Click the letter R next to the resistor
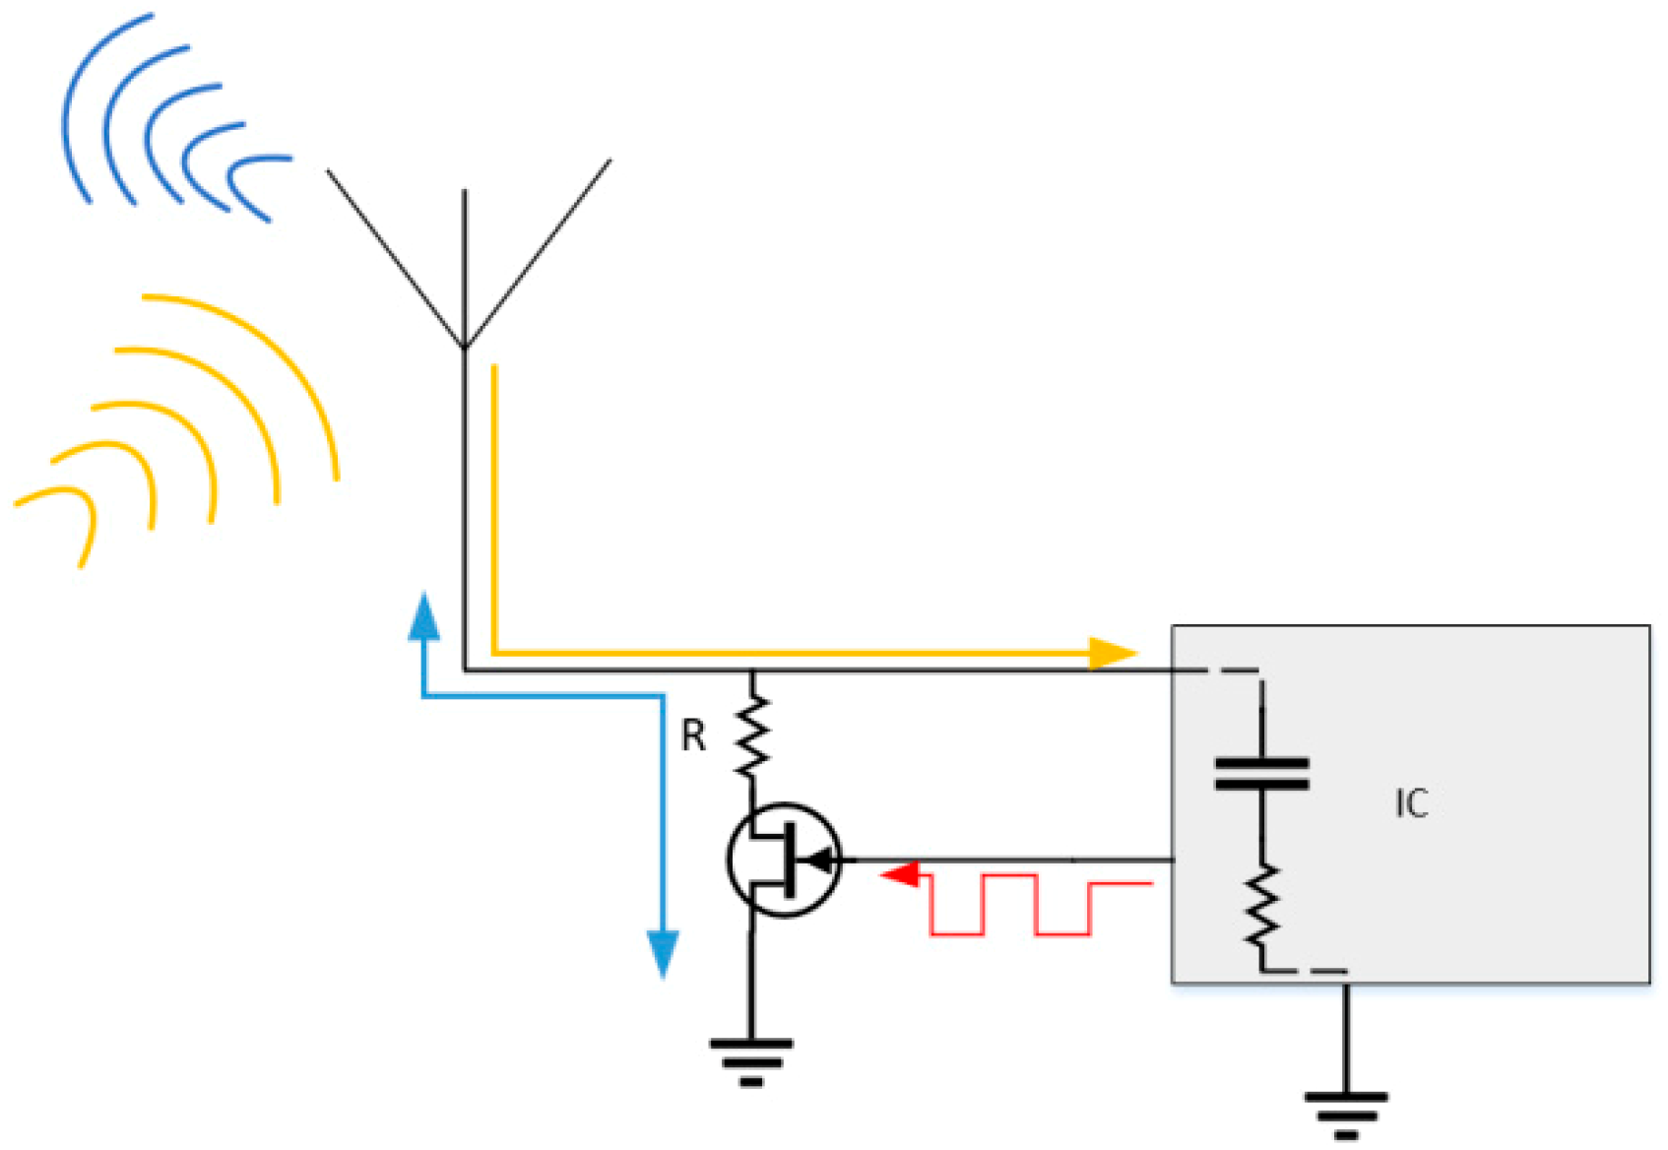pyautogui.click(x=693, y=735)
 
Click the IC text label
pyautogui.click(x=1410, y=804)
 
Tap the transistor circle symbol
pyautogui.click(x=784, y=861)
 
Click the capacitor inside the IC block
pyautogui.click(x=1261, y=774)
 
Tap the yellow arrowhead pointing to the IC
pyautogui.click(x=1113, y=653)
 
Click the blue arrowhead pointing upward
pyautogui.click(x=423, y=620)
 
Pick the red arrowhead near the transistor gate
pyautogui.click(x=901, y=873)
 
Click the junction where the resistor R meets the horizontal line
pyautogui.click(x=752, y=671)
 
